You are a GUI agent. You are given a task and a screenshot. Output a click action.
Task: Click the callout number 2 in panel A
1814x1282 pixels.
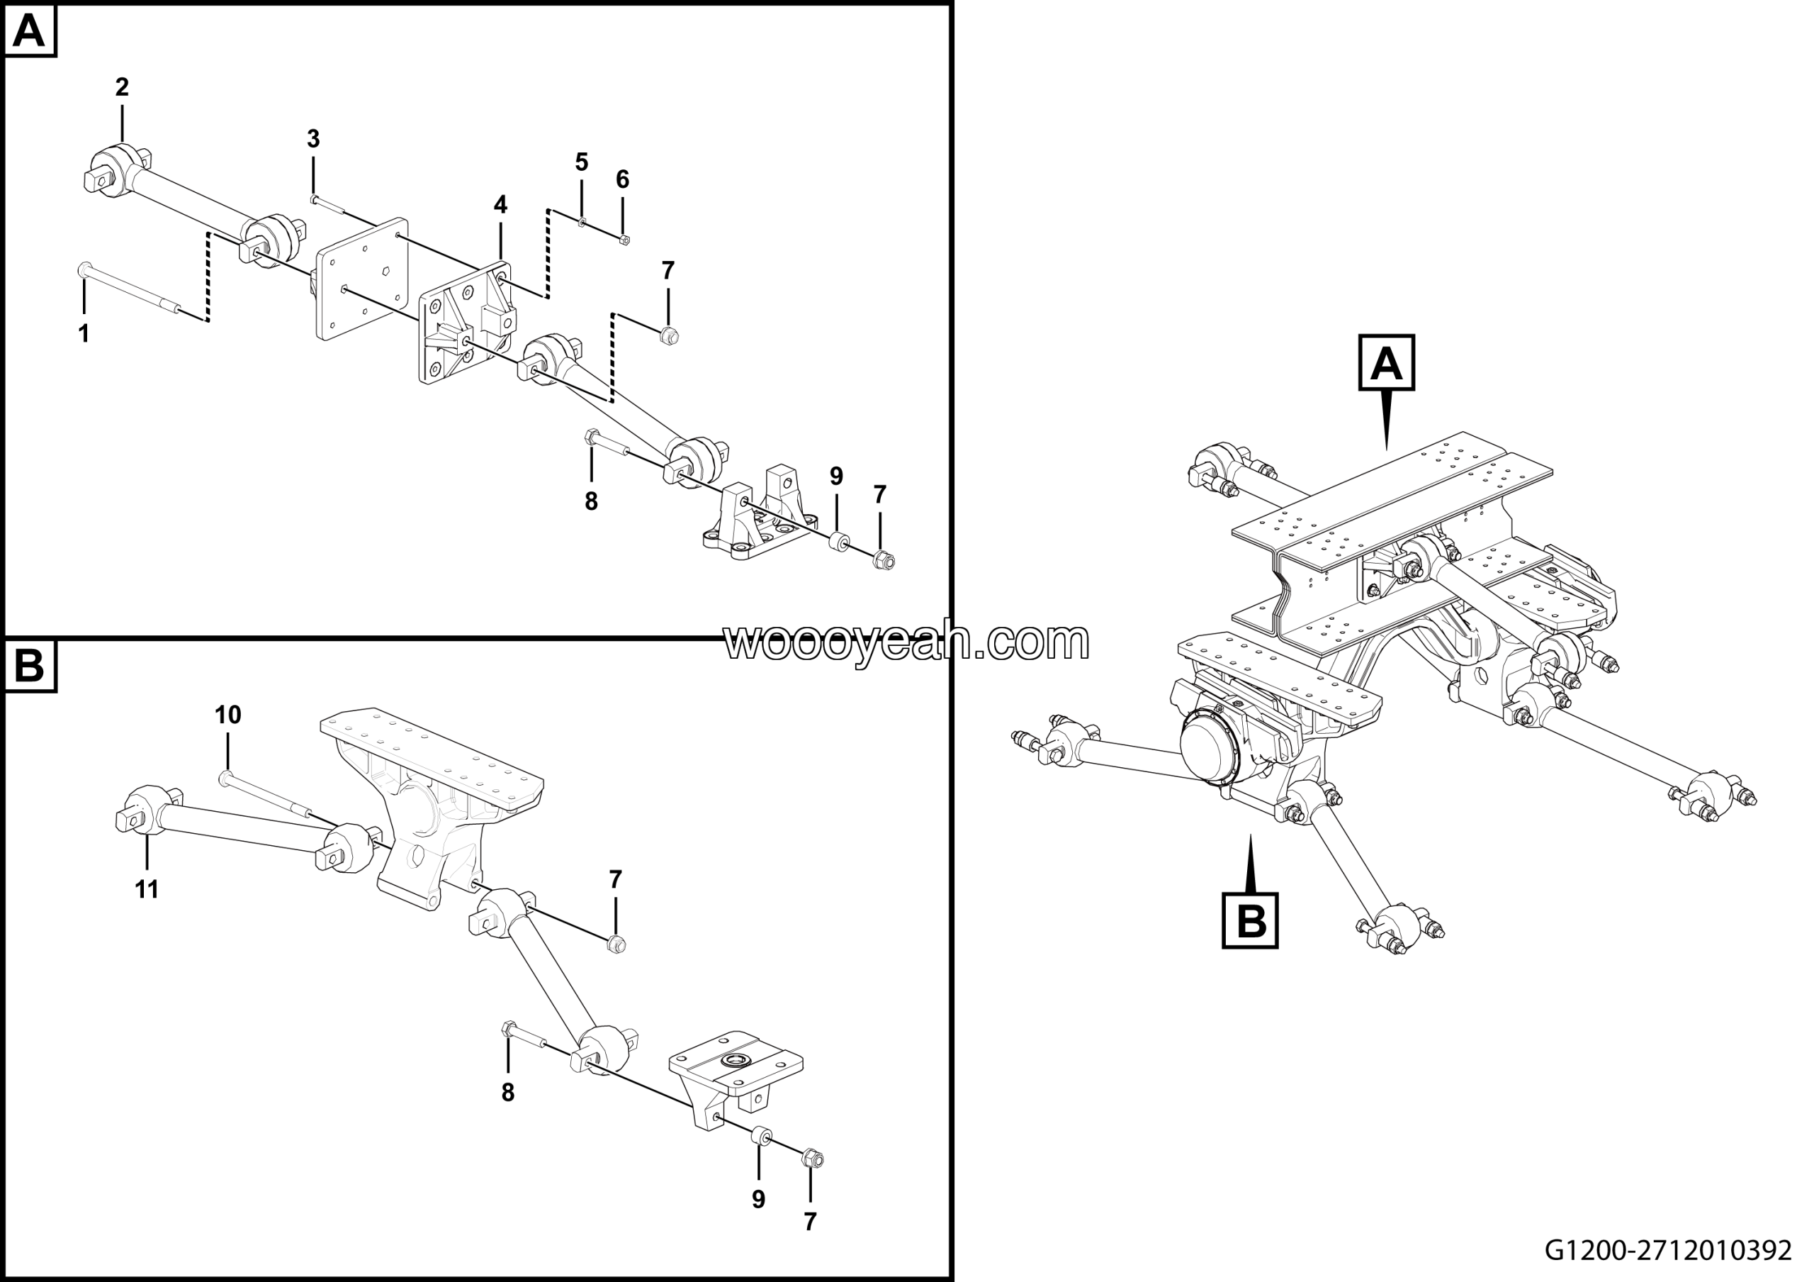(122, 87)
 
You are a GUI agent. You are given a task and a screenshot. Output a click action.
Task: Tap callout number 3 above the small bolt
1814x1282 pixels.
(314, 139)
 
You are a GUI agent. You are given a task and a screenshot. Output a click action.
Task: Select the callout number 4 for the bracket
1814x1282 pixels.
(500, 205)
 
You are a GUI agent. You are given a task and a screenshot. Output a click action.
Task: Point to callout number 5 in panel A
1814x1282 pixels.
(582, 163)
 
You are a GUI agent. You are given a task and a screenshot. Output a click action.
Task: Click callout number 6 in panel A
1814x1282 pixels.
(623, 180)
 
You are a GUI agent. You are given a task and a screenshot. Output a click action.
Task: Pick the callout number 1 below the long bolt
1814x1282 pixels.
(84, 333)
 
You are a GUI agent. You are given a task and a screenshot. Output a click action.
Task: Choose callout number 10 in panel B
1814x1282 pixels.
(228, 715)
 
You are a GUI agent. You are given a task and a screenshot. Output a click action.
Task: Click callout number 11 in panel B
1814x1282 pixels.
(147, 890)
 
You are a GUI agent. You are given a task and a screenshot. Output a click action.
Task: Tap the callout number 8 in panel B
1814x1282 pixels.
(508, 1093)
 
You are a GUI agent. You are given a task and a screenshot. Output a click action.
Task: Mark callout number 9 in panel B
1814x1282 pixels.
(758, 1200)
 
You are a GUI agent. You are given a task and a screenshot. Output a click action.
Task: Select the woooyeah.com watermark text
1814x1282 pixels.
(906, 642)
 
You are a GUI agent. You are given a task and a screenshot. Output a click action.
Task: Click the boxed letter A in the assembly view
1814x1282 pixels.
(1387, 364)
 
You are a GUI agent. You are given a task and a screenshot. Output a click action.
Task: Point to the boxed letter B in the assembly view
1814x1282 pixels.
(1250, 921)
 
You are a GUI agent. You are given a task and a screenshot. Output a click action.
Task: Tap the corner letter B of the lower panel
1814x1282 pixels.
(30, 666)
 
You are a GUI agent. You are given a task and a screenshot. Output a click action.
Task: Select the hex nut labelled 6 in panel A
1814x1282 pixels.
(625, 240)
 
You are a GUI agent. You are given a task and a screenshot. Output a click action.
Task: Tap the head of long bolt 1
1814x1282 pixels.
(84, 271)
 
